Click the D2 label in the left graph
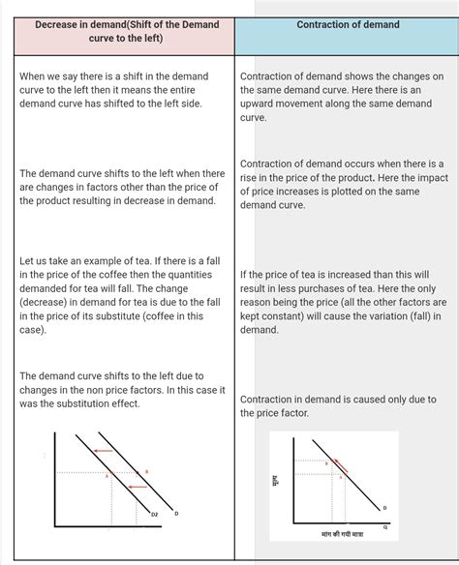pyautogui.click(x=153, y=515)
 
